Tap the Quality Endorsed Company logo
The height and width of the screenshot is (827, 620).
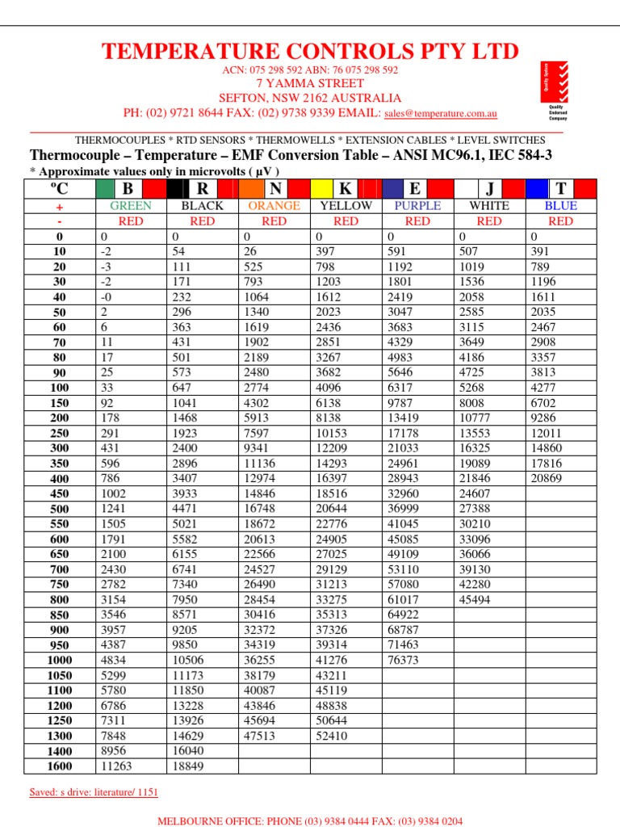point(554,90)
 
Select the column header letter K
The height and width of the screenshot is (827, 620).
point(345,189)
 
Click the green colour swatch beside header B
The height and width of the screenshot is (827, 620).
point(105,189)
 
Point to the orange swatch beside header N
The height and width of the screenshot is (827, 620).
point(249,189)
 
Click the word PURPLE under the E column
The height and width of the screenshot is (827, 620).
point(417,206)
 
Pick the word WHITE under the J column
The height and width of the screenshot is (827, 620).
point(489,206)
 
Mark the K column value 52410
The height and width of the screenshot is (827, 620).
point(332,737)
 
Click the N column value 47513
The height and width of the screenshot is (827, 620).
point(260,737)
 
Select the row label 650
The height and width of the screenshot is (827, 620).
point(59,555)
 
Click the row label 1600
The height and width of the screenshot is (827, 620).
point(59,766)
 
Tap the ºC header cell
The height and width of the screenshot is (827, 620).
point(59,189)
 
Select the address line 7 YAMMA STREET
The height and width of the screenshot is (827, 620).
point(310,83)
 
